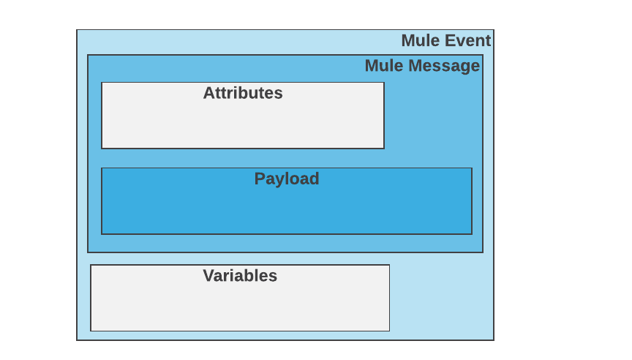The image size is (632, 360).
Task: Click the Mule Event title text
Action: [x=445, y=40]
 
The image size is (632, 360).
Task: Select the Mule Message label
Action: [x=422, y=66]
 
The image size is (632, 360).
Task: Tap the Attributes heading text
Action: [x=243, y=93]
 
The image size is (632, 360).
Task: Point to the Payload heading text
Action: [x=287, y=179]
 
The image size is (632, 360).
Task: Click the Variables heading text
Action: [x=240, y=276]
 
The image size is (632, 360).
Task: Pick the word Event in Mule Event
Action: [x=468, y=40]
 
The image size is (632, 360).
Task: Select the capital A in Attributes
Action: [x=208, y=93]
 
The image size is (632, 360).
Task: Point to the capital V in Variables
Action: [x=208, y=276]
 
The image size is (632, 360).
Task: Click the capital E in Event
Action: [x=450, y=40]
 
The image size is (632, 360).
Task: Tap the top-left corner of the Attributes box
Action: [x=102, y=83]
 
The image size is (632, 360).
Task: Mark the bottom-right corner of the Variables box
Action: [x=389, y=331]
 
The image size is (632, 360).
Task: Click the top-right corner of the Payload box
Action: [x=472, y=168]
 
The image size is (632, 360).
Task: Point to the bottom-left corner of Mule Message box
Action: [x=88, y=252]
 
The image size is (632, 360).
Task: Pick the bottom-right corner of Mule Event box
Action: [x=494, y=340]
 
